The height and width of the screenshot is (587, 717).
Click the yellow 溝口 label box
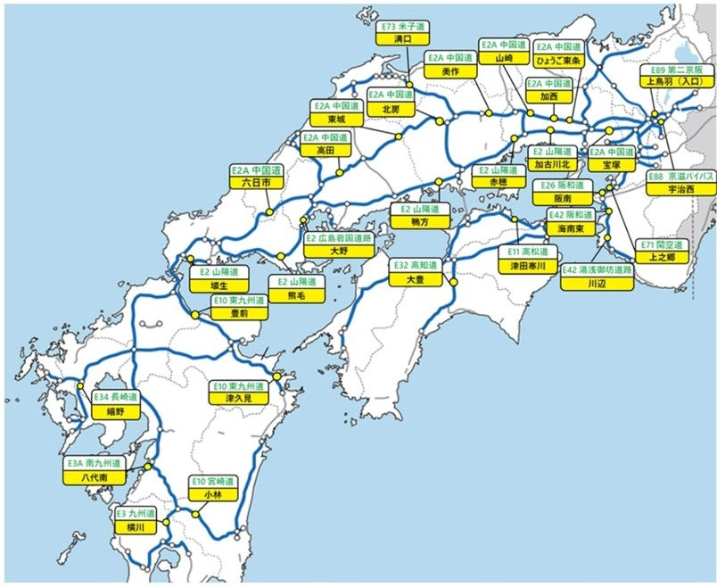(x=402, y=39)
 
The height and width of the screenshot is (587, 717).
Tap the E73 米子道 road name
(x=402, y=27)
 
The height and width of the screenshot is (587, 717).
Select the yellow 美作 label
(x=449, y=70)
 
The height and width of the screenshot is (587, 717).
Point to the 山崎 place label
(x=503, y=57)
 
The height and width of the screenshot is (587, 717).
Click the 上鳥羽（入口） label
(x=675, y=80)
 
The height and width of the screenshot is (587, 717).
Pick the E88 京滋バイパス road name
(x=680, y=177)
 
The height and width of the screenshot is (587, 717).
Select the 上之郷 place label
(x=660, y=257)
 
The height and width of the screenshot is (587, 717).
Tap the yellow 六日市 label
(x=256, y=182)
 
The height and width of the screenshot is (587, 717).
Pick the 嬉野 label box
(x=115, y=413)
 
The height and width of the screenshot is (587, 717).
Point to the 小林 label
(x=212, y=494)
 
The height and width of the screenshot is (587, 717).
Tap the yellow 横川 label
(x=136, y=527)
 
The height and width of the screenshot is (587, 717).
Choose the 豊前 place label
(x=239, y=313)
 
